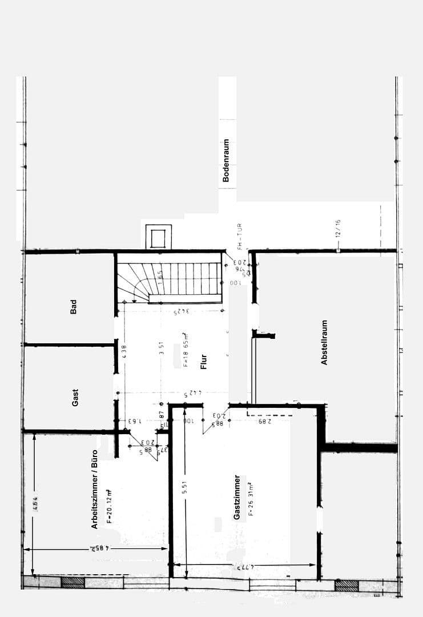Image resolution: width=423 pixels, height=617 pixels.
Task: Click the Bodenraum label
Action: [226, 161]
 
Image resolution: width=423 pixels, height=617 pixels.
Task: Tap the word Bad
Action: [73, 307]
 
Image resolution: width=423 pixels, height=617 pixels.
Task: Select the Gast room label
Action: [75, 398]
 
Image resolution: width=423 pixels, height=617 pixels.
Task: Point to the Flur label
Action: [204, 362]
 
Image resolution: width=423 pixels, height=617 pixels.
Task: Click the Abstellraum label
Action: [324, 342]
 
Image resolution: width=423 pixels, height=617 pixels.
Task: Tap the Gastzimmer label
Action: [236, 497]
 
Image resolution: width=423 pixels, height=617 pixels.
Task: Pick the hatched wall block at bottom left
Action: [72, 582]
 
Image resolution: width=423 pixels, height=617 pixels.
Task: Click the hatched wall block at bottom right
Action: [347, 585]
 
